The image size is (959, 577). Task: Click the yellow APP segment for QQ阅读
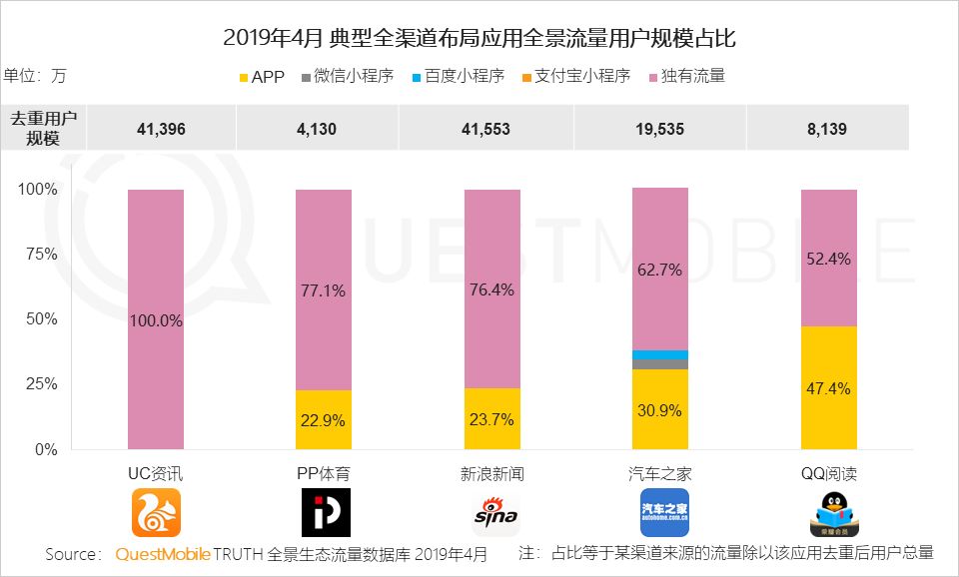(829, 387)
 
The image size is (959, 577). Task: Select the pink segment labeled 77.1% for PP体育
(324, 289)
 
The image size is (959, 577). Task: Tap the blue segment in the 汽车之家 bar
(660, 354)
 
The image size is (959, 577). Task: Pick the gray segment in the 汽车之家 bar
(660, 364)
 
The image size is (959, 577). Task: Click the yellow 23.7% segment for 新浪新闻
(492, 418)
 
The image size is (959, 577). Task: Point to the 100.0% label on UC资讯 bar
(156, 320)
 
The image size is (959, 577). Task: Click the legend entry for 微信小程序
(346, 76)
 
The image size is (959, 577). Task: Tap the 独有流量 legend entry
(685, 76)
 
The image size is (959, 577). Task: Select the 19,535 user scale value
(661, 129)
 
